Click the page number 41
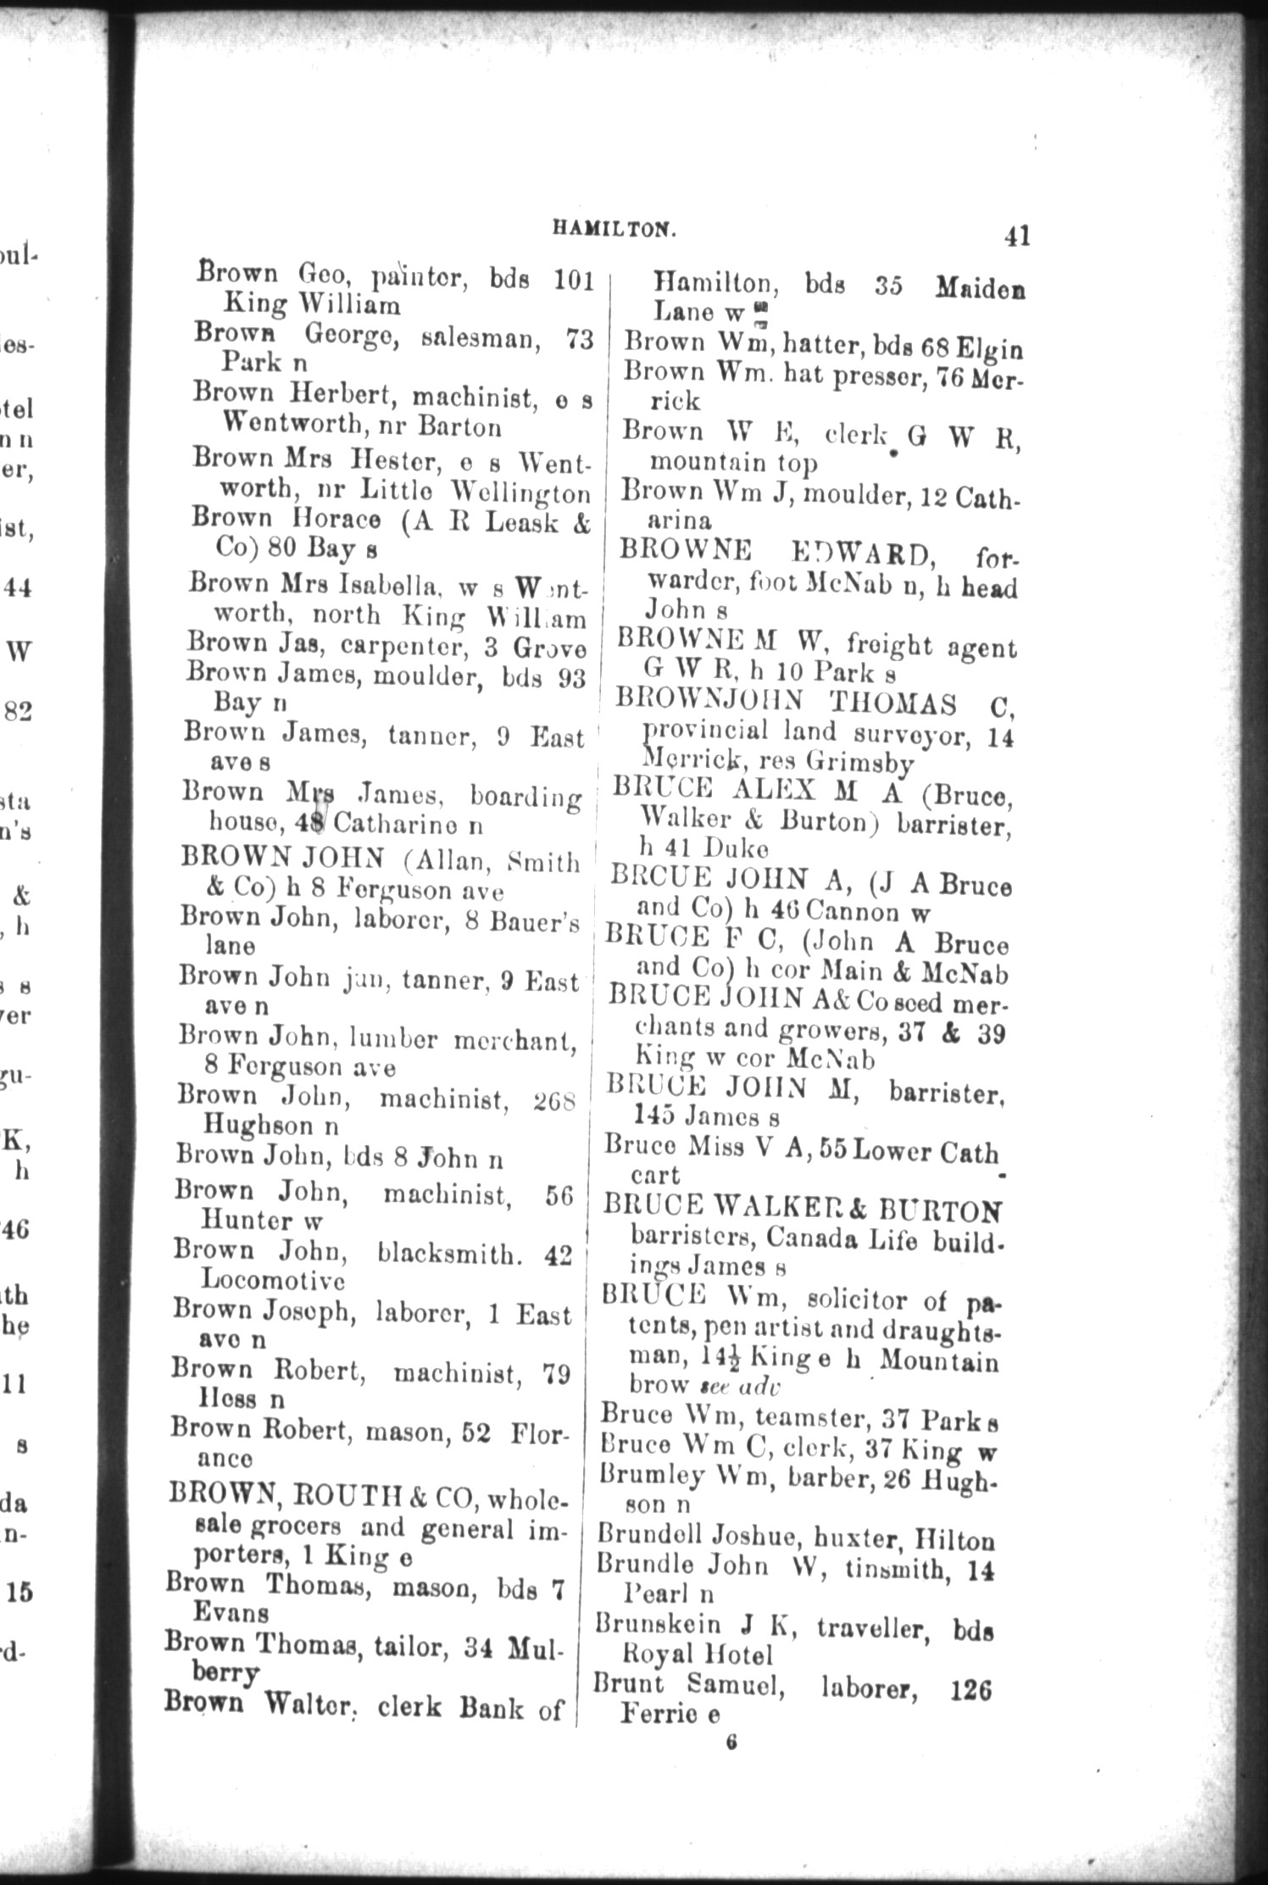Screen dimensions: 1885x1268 (x=1016, y=235)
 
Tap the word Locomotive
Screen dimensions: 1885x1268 (x=259, y=1279)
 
